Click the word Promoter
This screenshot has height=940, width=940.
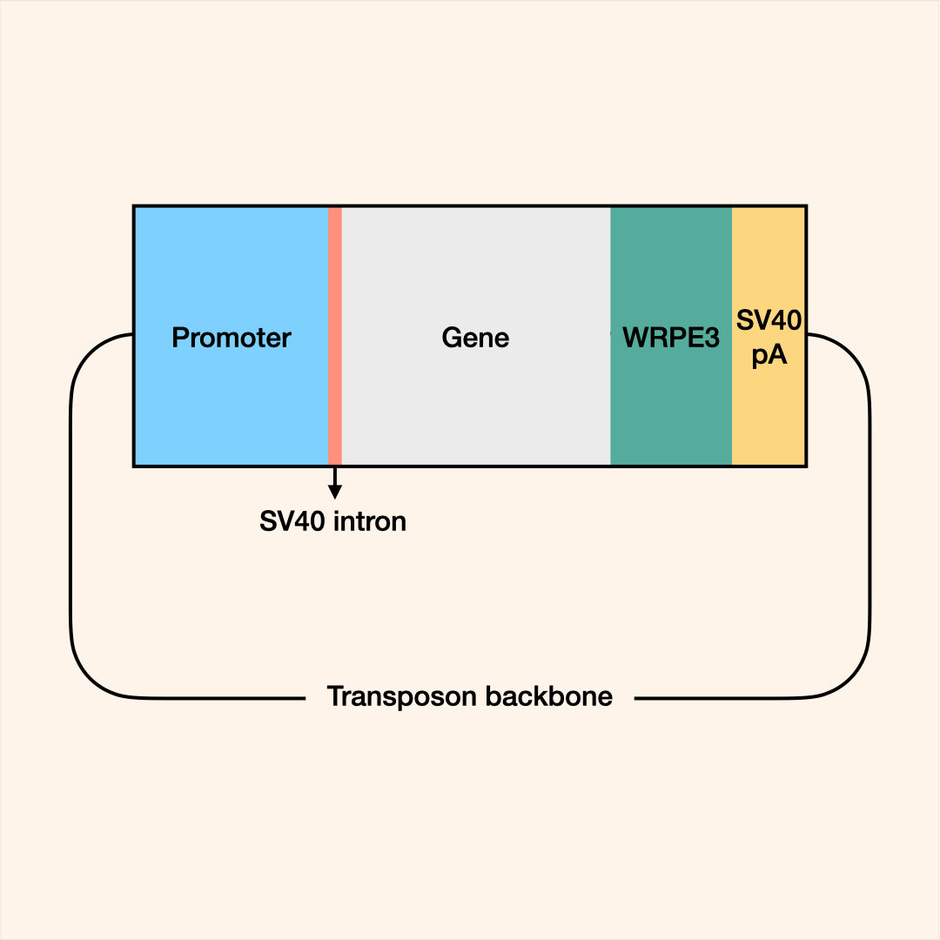232,338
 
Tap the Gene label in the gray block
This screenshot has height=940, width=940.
475,338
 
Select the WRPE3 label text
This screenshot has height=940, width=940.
671,338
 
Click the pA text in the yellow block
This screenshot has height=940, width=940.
769,355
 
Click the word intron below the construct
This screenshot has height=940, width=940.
370,522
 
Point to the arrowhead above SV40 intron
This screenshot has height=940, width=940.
335,493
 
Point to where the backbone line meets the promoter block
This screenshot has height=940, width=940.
132,334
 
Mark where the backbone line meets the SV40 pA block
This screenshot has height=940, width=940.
807,334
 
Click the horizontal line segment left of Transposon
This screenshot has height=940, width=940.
218,697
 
